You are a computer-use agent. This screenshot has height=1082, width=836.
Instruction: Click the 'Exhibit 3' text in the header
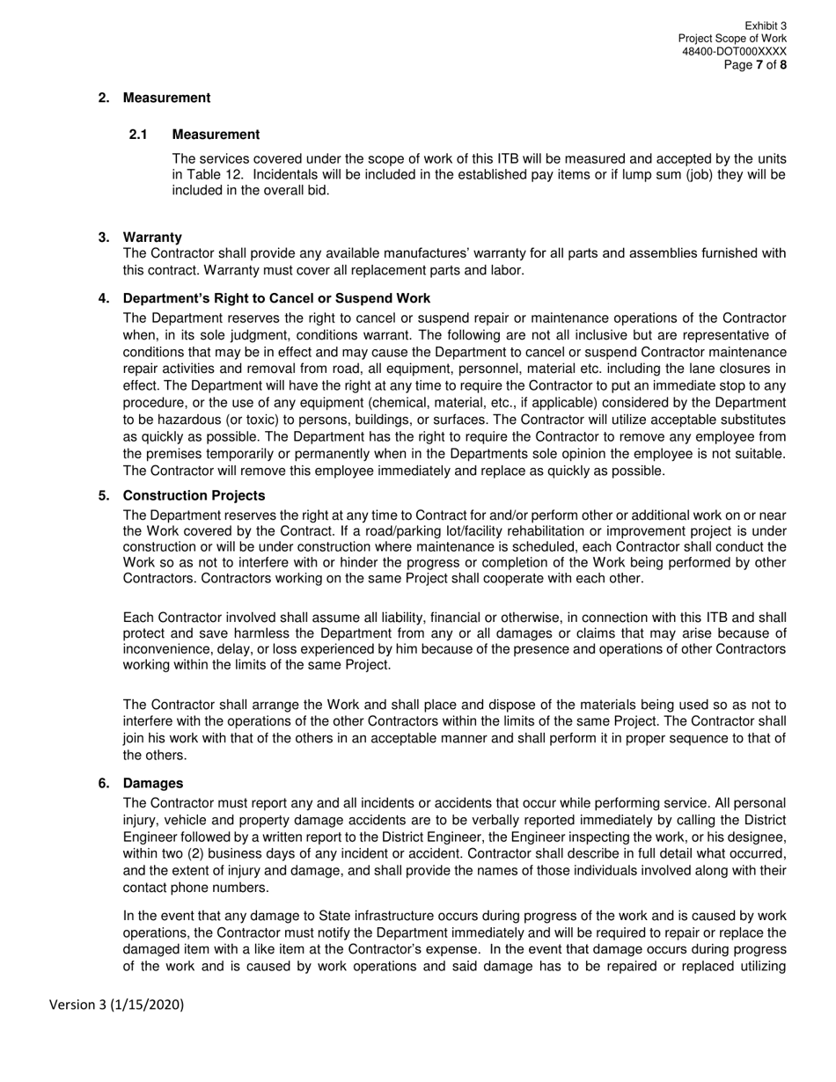point(765,26)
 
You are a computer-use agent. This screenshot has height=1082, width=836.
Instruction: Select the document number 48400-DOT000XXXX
point(734,52)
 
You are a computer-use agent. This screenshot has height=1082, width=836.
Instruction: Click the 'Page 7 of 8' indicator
point(755,65)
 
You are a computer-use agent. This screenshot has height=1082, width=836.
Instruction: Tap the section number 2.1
point(137,135)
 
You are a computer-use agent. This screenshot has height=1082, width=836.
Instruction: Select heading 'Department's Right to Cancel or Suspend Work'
point(276,298)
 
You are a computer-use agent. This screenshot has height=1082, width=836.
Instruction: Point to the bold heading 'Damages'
point(153,783)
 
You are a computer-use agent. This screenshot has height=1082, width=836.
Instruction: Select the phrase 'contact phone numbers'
point(188,888)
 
